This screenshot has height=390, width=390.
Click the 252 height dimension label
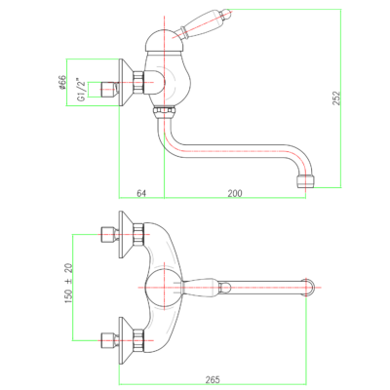point(336,97)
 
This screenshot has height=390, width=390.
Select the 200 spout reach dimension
point(235,193)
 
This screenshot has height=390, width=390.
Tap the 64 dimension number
point(141,193)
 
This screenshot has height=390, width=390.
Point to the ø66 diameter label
point(61,83)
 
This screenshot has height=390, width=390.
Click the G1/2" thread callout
point(82,90)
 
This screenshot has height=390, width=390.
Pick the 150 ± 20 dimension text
point(69,284)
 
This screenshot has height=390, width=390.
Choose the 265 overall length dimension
point(213,379)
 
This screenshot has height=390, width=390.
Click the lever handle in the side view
point(206,22)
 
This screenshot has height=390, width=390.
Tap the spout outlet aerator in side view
point(306,182)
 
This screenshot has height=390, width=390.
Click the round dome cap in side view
point(165,40)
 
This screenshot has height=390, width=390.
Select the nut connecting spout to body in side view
point(165,113)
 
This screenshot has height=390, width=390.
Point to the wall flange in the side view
point(126,82)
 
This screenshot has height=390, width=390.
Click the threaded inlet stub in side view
point(109,90)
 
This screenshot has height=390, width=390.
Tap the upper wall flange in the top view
point(126,235)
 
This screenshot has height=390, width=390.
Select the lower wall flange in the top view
point(126,340)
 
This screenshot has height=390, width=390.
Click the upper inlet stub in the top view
point(109,235)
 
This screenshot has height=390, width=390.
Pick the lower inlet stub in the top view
point(109,340)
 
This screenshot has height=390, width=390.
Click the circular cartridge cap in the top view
point(164,288)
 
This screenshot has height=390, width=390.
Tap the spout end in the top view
point(308,288)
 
